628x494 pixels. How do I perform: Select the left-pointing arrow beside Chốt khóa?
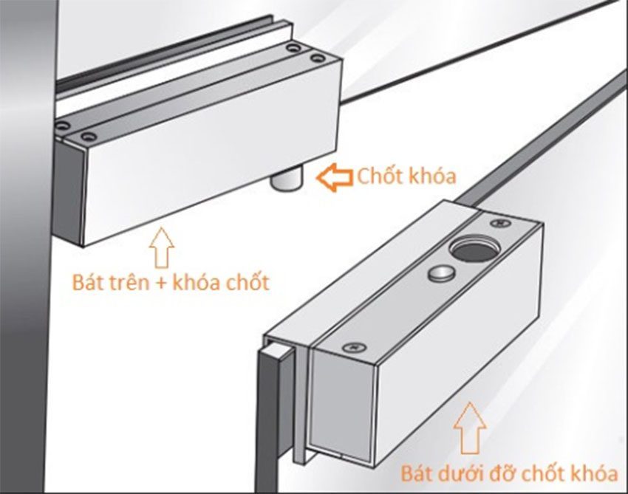(334, 177)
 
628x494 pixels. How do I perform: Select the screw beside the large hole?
(499, 220)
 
